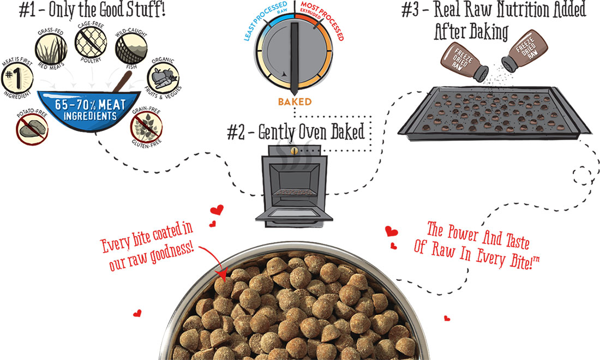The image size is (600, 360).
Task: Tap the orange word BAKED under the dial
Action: click(x=295, y=101)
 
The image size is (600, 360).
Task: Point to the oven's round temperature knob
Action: click(x=294, y=150)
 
